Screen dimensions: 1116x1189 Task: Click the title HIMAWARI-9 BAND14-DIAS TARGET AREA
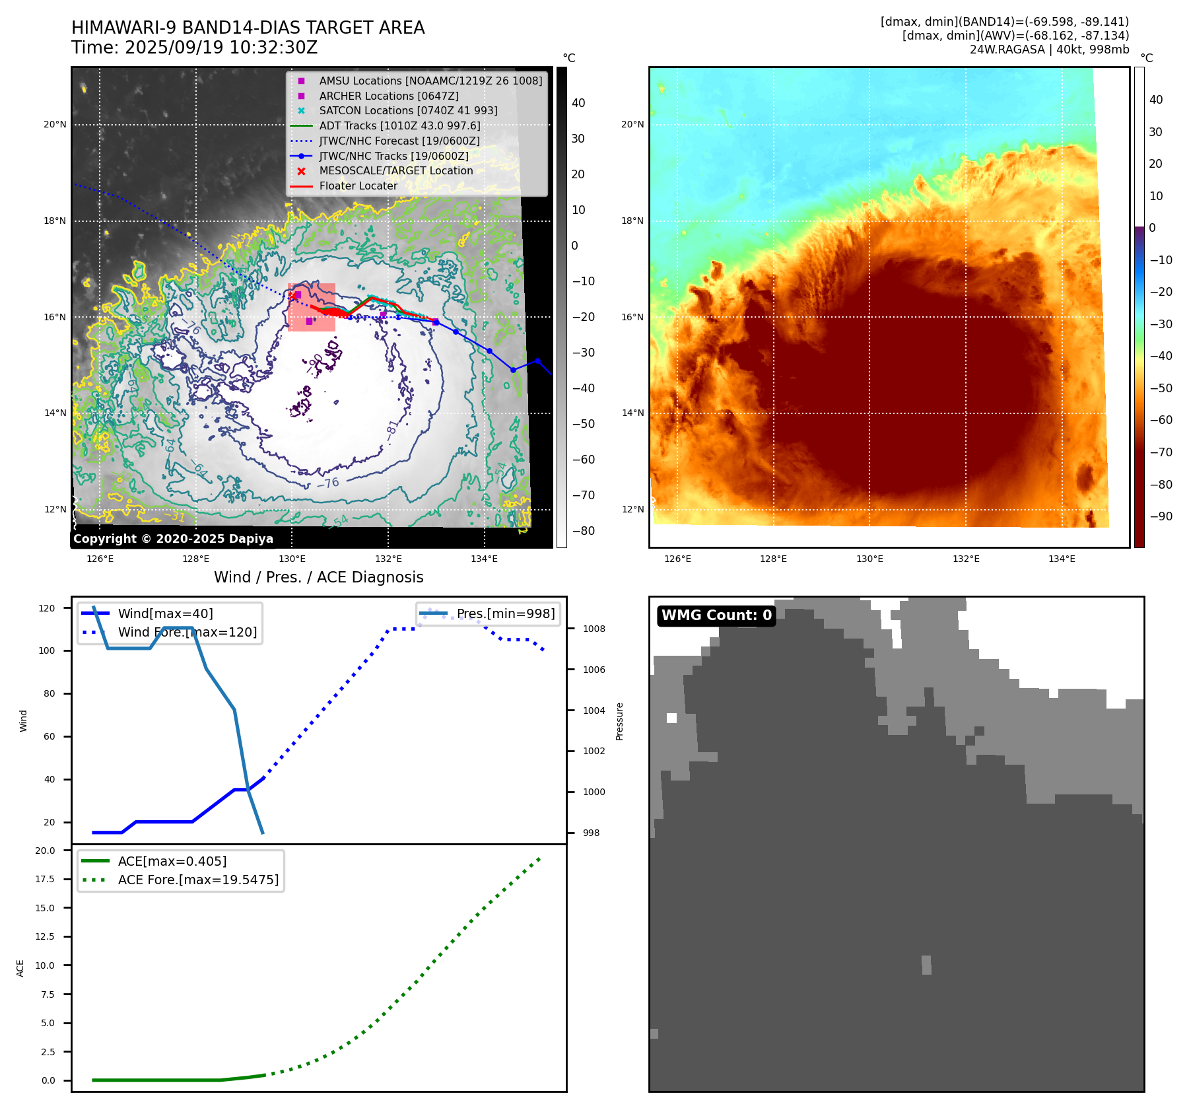click(248, 28)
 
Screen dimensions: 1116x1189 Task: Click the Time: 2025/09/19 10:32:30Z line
click(194, 48)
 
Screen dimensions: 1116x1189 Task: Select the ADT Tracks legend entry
click(399, 125)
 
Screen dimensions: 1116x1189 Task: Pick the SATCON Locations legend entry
click(408, 110)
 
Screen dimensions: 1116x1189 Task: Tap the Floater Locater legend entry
click(358, 186)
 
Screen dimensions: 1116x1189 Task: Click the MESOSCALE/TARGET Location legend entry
click(395, 170)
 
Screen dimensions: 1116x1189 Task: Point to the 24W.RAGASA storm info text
click(1049, 50)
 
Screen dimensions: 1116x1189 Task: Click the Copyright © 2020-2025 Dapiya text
click(173, 538)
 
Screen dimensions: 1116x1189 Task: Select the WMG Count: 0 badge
click(716, 615)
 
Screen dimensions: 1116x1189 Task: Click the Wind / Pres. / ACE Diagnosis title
click(318, 577)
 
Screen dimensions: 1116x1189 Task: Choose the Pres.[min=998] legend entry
click(505, 613)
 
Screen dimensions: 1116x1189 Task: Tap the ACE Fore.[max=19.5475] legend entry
click(198, 880)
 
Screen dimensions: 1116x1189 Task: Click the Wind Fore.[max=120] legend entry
click(187, 632)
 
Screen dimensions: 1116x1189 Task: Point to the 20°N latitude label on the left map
click(55, 124)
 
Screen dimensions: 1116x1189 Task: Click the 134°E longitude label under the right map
click(1062, 559)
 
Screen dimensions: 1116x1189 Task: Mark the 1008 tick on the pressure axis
click(594, 629)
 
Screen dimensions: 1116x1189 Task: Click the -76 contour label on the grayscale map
click(328, 483)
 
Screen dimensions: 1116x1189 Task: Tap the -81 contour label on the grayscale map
click(392, 429)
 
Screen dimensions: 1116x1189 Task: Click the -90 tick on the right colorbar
click(1161, 516)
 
